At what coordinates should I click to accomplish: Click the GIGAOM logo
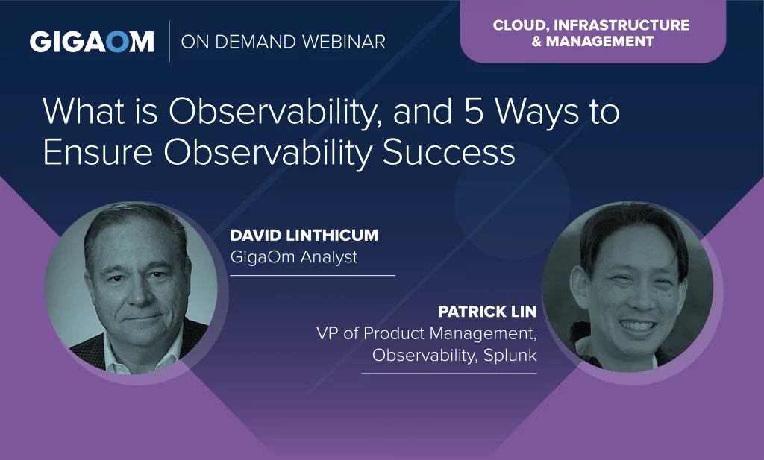[x=92, y=42]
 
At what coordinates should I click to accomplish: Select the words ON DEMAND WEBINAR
[x=283, y=42]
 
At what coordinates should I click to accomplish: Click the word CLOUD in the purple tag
[x=520, y=25]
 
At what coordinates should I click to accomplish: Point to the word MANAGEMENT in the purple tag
[x=600, y=41]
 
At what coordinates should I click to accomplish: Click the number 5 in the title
[x=474, y=111]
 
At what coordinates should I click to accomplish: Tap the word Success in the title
[x=448, y=152]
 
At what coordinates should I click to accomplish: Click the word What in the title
[x=84, y=111]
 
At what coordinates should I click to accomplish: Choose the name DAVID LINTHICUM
[x=304, y=236]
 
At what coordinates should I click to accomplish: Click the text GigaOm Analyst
[x=294, y=256]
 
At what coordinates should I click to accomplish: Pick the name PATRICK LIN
[x=487, y=312]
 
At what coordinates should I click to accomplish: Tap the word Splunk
[x=510, y=355]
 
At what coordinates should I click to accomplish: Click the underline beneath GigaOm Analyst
[x=313, y=276]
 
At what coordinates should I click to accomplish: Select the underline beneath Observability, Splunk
[x=448, y=374]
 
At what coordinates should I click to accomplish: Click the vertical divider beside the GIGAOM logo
[x=169, y=41]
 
